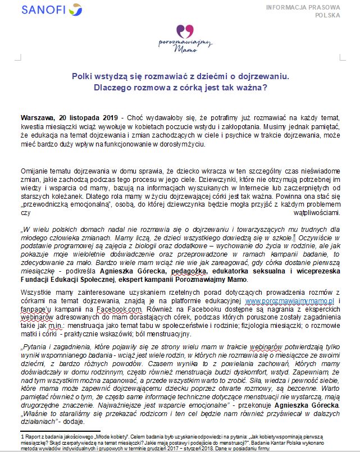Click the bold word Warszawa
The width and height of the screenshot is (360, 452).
coord(37,118)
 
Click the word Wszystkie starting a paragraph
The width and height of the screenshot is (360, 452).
coord(36,293)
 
